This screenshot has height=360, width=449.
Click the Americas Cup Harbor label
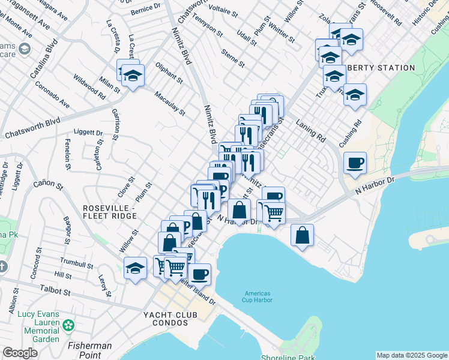click(257, 296)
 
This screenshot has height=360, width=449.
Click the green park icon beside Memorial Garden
click(69, 325)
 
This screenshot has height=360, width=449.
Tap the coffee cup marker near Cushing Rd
click(355, 163)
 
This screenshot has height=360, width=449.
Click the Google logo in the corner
click(20, 353)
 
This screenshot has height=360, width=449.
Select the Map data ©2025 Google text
click(411, 355)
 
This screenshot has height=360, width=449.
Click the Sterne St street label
click(234, 58)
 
